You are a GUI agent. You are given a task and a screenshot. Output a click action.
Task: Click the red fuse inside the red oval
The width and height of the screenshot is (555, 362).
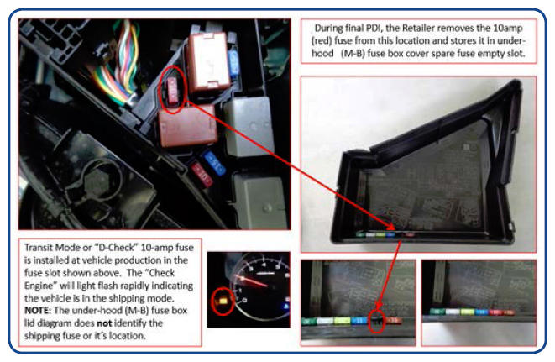(173, 91)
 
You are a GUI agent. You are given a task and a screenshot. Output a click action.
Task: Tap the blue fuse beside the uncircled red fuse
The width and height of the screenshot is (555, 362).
(213, 163)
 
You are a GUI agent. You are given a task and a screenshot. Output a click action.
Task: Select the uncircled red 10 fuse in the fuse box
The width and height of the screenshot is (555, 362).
(202, 174)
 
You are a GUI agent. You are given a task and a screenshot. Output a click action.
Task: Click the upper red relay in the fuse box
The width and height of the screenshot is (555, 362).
(208, 61)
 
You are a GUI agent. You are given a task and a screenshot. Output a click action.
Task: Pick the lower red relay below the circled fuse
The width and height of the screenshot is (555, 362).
(187, 126)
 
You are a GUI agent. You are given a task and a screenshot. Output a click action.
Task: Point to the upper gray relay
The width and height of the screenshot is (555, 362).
(249, 126)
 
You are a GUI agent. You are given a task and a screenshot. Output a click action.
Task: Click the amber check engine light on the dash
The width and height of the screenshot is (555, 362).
(223, 301)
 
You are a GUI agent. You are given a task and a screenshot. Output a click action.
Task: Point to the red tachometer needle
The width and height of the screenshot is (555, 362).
(254, 282)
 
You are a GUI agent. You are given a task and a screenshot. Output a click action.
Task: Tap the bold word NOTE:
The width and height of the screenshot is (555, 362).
(38, 311)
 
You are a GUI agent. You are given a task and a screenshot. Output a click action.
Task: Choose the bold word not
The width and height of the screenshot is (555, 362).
(104, 323)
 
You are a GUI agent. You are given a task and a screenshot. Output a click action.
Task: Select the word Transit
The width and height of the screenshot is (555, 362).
(38, 247)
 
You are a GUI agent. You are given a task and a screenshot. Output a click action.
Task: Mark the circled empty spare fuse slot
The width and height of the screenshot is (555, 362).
(377, 320)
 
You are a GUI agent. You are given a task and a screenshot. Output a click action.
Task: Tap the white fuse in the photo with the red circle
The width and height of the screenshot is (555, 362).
(325, 321)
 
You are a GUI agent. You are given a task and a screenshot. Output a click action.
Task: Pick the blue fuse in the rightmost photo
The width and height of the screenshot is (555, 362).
(482, 312)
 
